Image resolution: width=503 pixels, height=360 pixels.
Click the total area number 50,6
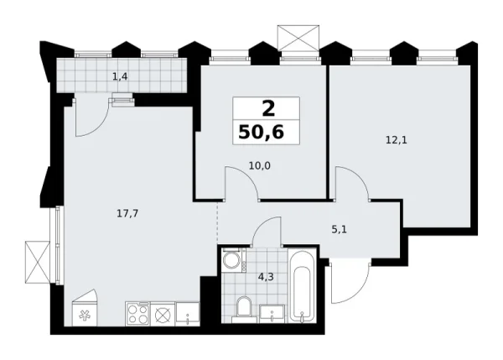pyautogui.click(x=267, y=133)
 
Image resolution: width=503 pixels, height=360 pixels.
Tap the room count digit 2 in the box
pyautogui.click(x=267, y=107)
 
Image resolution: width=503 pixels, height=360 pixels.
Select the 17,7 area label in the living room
pyautogui.click(x=127, y=213)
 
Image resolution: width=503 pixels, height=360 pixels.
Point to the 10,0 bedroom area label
pyautogui.click(x=259, y=165)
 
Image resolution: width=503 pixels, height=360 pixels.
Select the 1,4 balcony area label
pyautogui.click(x=120, y=77)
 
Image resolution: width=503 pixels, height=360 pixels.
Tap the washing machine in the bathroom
pyautogui.click(x=232, y=261)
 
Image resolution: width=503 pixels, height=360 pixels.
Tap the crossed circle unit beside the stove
pyautogui.click(x=163, y=315)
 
